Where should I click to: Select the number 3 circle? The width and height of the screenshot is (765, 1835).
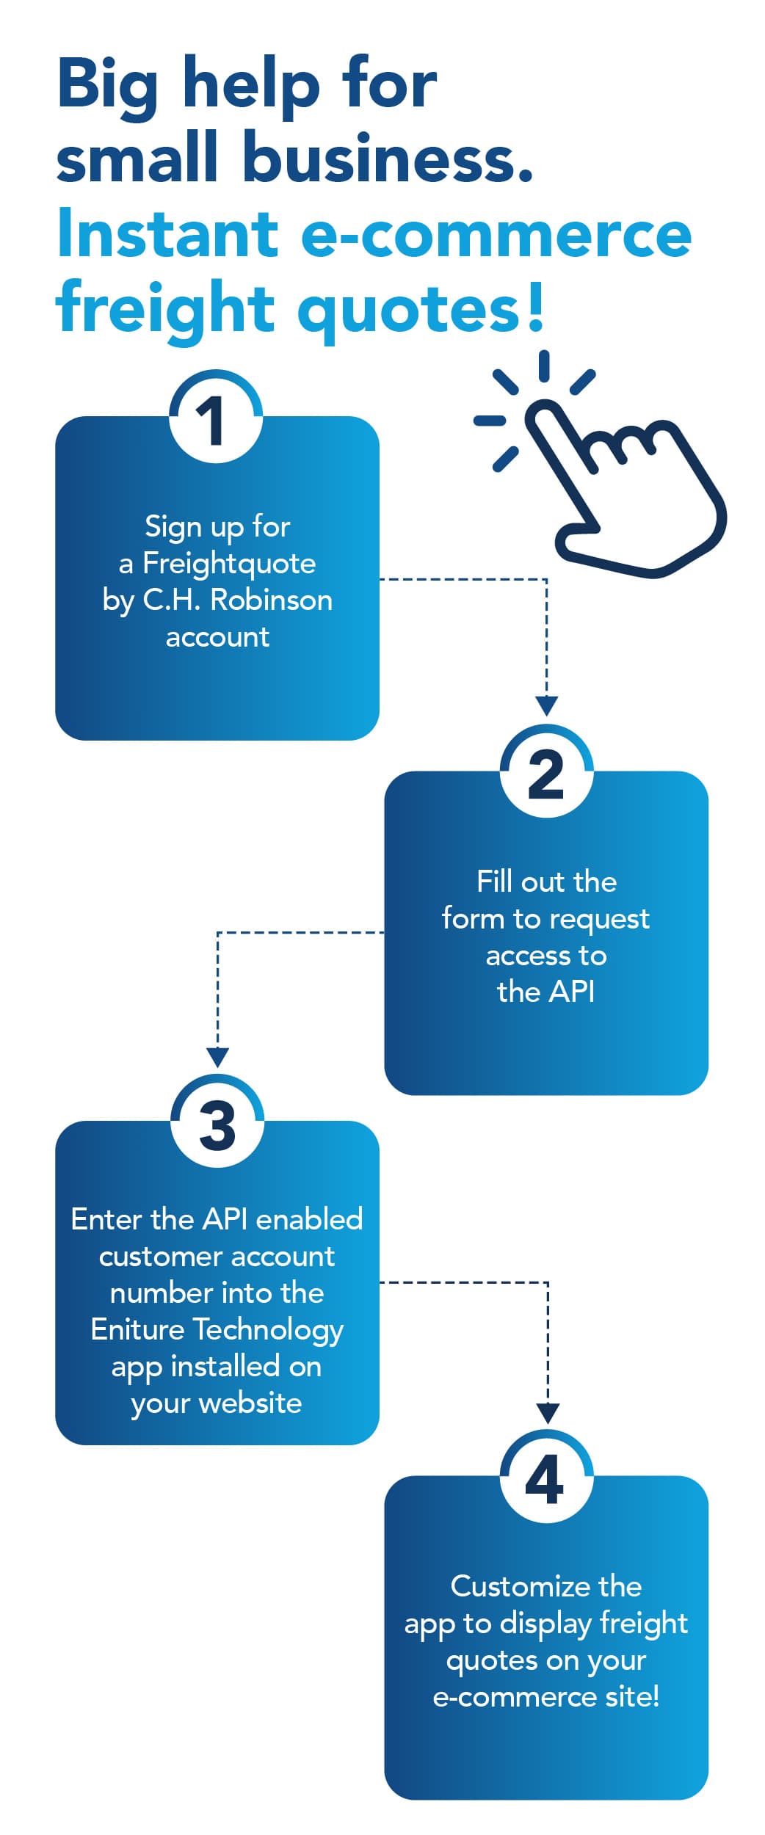tap(217, 1124)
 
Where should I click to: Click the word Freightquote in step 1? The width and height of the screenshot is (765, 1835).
tap(229, 563)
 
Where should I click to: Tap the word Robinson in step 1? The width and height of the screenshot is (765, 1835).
tap(271, 600)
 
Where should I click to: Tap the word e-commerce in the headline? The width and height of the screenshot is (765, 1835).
tap(496, 234)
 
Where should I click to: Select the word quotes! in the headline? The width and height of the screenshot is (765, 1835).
tap(421, 309)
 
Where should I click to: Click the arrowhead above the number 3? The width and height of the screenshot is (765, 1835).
tap(217, 1058)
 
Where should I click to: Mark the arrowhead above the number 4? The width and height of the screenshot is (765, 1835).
tap(548, 1413)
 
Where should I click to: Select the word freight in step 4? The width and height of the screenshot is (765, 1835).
tap(643, 1624)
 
